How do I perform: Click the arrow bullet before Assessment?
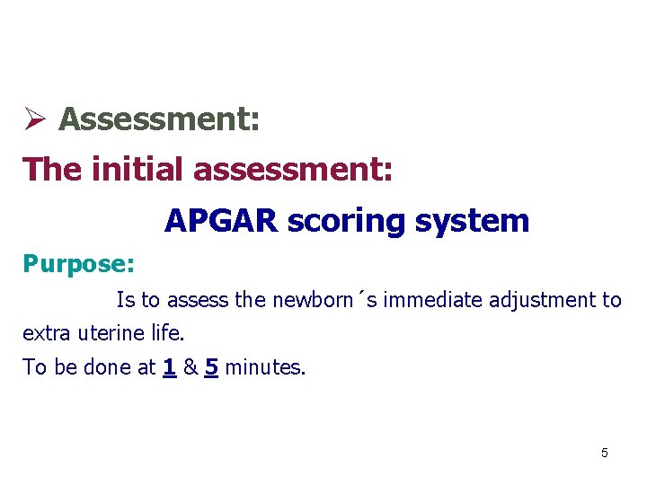coord(34,119)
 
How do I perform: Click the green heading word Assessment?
coord(159,119)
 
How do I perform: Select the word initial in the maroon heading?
coord(140,169)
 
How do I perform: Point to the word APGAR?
coord(221,220)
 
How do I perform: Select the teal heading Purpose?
coord(78,264)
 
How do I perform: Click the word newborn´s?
coord(307,300)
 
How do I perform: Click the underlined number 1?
coord(169,368)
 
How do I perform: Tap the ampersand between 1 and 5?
coord(190,368)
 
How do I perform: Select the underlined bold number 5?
coord(211,368)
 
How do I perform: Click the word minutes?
coord(265,368)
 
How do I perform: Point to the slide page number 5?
coord(604,453)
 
